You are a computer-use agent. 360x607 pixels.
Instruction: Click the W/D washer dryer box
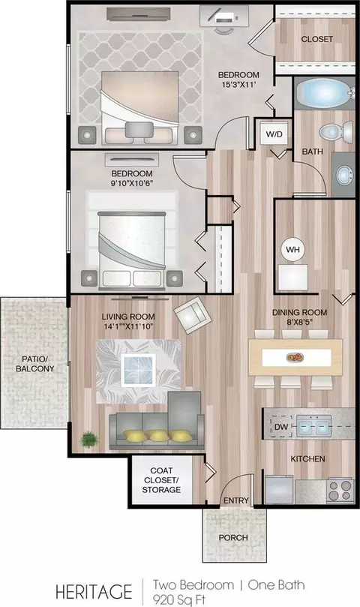pyautogui.click(x=274, y=134)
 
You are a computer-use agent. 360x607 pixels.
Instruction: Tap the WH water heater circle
pyautogui.click(x=292, y=250)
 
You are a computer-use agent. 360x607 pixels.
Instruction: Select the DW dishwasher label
pyautogui.click(x=281, y=427)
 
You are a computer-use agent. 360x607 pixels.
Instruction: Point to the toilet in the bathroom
pyautogui.click(x=335, y=131)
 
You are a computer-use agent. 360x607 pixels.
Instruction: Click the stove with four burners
pyautogui.click(x=340, y=490)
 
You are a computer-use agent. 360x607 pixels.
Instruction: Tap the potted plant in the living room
pyautogui.click(x=89, y=440)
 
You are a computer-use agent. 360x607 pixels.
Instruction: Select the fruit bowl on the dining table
pyautogui.click(x=295, y=357)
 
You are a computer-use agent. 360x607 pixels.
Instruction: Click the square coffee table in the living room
pyautogui.click(x=138, y=370)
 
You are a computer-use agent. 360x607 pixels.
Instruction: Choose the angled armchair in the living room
pyautogui.click(x=193, y=314)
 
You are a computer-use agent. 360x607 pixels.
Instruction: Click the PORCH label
pyautogui.click(x=233, y=538)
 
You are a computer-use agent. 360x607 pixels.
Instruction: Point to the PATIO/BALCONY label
pyautogui.click(x=34, y=363)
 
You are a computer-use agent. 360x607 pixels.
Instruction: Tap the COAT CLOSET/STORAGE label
pyautogui.click(x=161, y=480)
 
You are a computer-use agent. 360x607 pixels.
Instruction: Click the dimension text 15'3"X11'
pyautogui.click(x=238, y=85)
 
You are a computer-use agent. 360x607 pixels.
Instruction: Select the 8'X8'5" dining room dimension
pyautogui.click(x=299, y=322)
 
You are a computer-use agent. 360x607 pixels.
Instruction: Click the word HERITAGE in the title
pyautogui.click(x=94, y=592)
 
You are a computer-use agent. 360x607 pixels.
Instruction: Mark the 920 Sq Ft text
pyautogui.click(x=178, y=599)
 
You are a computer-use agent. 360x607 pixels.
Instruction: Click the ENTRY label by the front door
pyautogui.click(x=236, y=500)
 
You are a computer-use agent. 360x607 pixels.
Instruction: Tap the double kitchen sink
pyautogui.click(x=314, y=426)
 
